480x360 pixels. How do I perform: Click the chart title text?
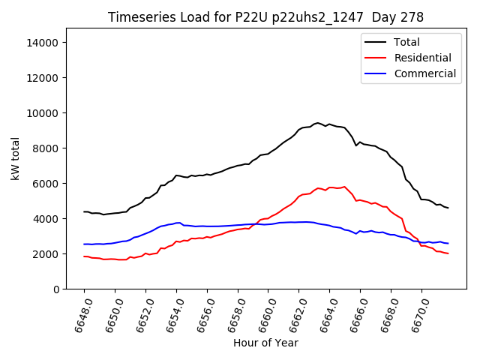tap(265, 17)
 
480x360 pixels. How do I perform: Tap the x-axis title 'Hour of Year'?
tap(265, 343)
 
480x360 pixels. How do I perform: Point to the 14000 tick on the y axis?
tap(43, 43)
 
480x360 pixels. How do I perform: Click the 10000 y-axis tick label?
tap(43, 113)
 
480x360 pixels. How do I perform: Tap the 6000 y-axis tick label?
tap(46, 184)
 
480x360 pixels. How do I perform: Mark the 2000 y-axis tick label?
tap(46, 254)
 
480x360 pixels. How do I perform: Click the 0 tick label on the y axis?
tap(55, 289)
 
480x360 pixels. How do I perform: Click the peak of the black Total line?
tap(317, 123)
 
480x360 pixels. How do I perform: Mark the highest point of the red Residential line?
tap(344, 187)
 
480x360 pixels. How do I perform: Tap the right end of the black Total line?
tap(448, 208)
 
